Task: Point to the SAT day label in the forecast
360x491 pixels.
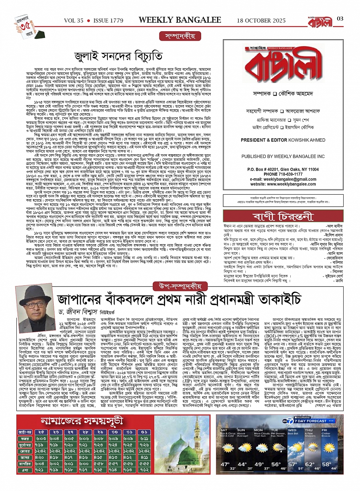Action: click(224, 430)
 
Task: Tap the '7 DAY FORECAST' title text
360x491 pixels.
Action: click(311, 421)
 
